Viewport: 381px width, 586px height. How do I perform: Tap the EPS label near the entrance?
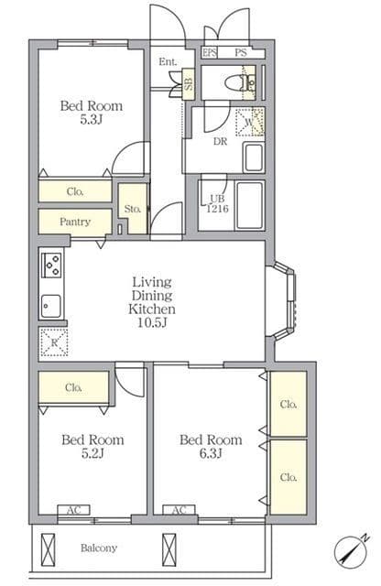pos(210,53)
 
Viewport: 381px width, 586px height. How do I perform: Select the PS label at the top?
pos(241,53)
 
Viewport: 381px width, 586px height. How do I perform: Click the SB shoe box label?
pos(189,84)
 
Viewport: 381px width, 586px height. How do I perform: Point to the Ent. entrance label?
pos(168,61)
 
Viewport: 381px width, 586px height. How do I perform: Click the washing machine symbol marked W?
pos(250,122)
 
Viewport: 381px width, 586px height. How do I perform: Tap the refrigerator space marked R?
pos(54,342)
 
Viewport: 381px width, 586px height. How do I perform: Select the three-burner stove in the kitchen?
pos(51,265)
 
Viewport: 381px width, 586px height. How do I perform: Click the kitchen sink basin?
pos(50,306)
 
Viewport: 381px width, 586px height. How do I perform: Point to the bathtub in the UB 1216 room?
pos(249,205)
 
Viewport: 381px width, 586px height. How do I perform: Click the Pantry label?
pos(75,222)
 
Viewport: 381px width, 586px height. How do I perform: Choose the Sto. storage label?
pos(133,209)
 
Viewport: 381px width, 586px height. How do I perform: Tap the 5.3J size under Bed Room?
pos(92,120)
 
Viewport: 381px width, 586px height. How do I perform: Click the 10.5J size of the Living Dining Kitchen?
pos(152,322)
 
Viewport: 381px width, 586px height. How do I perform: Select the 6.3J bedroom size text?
pos(211,453)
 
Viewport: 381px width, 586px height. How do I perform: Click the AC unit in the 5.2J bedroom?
pos(73,510)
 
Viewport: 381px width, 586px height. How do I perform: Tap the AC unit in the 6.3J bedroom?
pos(180,510)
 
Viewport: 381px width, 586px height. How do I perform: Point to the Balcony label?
pos(99,548)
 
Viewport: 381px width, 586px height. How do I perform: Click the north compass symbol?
pos(351,551)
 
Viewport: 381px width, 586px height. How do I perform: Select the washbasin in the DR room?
pos(254,157)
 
